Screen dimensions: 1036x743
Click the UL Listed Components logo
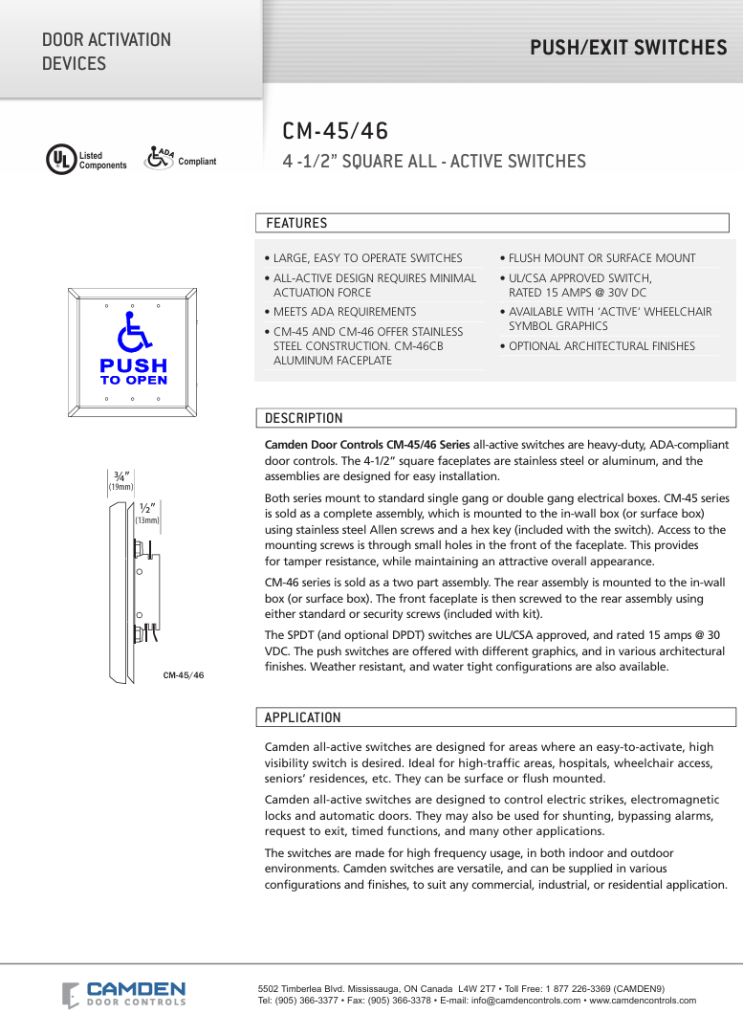pos(60,159)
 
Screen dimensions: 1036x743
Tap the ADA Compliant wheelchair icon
pos(159,157)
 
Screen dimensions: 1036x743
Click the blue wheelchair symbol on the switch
pos(133,334)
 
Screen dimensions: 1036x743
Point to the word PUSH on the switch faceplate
pos(133,365)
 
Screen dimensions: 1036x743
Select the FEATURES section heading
pos(296,223)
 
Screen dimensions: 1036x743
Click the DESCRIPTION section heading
pos(303,418)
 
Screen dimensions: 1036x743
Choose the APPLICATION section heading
pos(302,717)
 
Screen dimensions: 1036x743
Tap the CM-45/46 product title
pos(335,132)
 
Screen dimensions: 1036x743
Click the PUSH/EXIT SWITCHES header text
pos(628,48)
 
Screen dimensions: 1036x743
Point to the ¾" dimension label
pos(121,475)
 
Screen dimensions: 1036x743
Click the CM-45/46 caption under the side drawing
pos(183,675)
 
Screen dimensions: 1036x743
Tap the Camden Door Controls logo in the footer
pos(124,994)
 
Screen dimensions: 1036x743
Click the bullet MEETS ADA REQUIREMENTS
pos(344,312)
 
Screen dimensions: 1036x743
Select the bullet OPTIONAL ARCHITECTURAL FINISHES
pos(601,346)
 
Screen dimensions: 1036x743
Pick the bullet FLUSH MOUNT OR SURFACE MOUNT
pos(601,258)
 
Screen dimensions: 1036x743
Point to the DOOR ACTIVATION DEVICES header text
pos(106,52)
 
